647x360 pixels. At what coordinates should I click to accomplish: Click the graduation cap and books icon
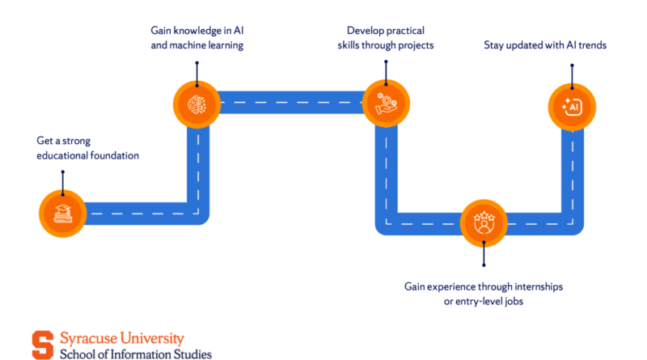[62, 213]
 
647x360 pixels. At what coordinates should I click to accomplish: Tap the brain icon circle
[197, 103]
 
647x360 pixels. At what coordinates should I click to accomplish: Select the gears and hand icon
[386, 103]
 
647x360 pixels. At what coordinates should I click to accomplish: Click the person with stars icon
[483, 223]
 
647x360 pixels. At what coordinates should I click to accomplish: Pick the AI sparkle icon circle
[572, 106]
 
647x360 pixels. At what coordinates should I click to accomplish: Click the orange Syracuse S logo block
[42, 345]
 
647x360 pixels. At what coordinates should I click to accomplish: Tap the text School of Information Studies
[135, 354]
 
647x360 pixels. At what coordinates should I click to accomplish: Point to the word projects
[414, 45]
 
